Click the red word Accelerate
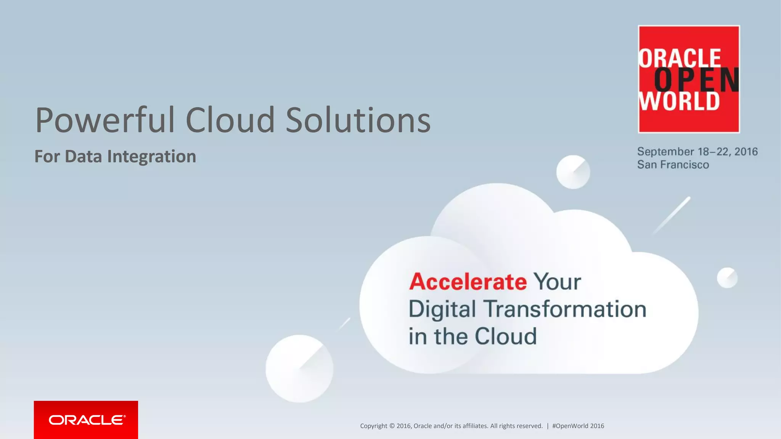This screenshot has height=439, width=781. (468, 282)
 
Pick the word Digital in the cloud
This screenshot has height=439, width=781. (442, 309)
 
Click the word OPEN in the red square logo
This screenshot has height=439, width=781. (696, 80)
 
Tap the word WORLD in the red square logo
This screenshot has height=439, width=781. (679, 101)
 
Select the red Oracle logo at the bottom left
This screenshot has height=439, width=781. (86, 420)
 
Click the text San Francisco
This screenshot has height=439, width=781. (673, 165)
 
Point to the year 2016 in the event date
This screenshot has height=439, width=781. (746, 152)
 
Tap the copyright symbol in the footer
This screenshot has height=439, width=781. (392, 426)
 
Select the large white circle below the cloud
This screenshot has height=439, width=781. (299, 369)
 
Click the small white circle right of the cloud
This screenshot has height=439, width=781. (727, 277)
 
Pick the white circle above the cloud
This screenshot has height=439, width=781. (573, 172)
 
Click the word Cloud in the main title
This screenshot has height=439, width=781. (230, 120)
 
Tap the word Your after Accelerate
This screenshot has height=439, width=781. (557, 282)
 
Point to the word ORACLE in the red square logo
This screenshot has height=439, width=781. (680, 58)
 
